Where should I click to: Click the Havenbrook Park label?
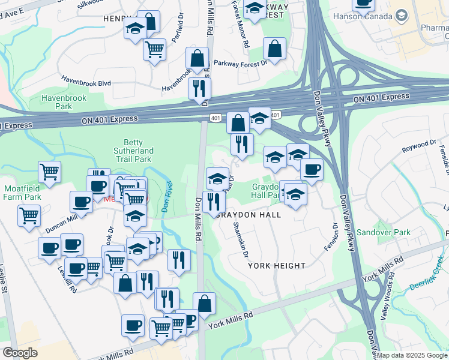pos(64,102)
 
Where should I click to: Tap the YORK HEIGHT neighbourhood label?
pos(277,265)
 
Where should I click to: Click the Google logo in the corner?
pos(20,353)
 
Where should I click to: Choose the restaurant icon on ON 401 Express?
pos(199,88)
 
